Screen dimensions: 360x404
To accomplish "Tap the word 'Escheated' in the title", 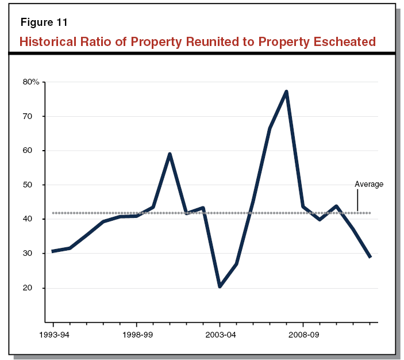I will pos(344,42).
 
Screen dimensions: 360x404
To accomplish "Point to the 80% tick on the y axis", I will pos(30,82).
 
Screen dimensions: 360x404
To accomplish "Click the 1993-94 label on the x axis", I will pos(53,334).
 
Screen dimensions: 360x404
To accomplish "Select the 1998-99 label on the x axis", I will pos(137,334).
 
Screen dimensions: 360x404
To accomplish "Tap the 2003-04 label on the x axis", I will pos(220,334).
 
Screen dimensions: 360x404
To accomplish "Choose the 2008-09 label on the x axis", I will pos(303,334).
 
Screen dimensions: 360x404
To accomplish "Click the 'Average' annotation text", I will pos(369,185).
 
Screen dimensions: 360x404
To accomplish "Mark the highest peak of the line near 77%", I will pos(286,91).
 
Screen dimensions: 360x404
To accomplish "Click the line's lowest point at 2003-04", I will pos(220,286).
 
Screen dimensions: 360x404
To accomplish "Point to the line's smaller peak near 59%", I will pos(170,154).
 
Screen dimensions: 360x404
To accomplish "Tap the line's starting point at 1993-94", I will pos(53,251).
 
